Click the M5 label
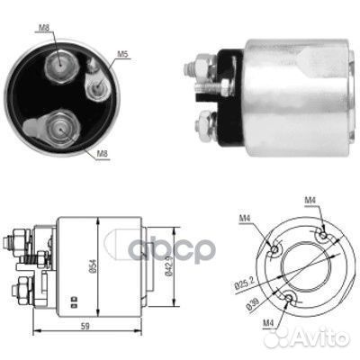[x=122, y=54]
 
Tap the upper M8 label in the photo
[x=44, y=28]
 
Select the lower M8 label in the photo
[x=102, y=154]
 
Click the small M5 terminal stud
[x=96, y=87]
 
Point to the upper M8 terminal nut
[x=62, y=66]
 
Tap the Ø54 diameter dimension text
[x=93, y=265]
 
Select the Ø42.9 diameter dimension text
[x=169, y=265]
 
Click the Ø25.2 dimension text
[x=244, y=283]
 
